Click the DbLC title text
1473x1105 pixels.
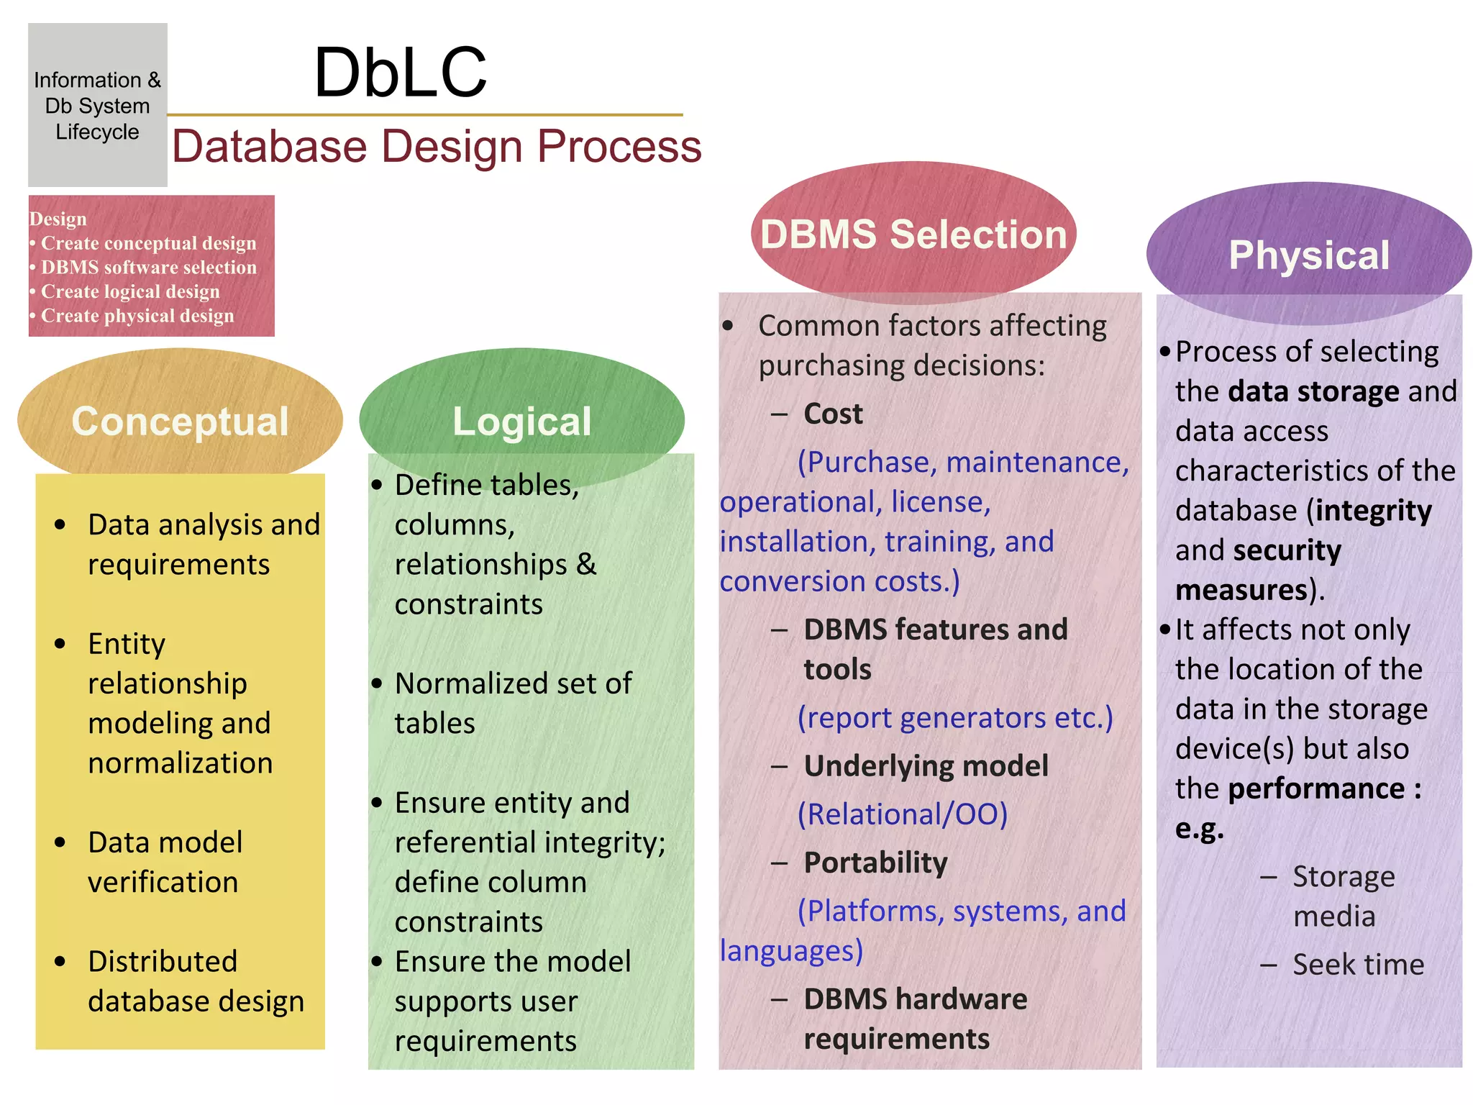(400, 72)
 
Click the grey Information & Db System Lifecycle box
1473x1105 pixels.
(97, 105)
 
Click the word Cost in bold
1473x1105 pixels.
(833, 414)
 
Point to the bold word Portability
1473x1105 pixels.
(875, 863)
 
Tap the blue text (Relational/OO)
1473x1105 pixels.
(903, 814)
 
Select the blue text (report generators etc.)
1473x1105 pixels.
(955, 717)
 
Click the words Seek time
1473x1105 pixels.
(1358, 965)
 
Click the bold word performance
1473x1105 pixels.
(1316, 789)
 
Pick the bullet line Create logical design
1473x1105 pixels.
(130, 291)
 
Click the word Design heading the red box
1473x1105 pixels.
(58, 219)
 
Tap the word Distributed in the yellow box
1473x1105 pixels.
(163, 962)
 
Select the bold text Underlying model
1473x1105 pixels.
(926, 766)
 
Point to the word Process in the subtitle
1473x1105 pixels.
(619, 146)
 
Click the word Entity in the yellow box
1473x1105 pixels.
(127, 644)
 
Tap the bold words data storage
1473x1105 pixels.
(1313, 391)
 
